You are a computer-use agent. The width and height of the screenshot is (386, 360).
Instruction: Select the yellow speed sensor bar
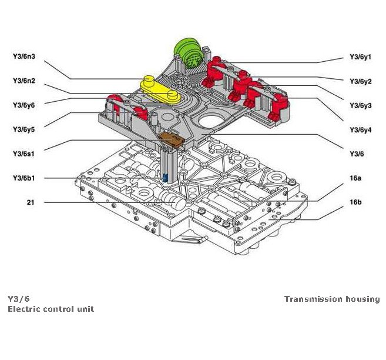[159, 89]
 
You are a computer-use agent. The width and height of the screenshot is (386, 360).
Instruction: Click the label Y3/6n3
[24, 57]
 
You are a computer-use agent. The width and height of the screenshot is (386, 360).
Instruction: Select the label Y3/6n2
[24, 81]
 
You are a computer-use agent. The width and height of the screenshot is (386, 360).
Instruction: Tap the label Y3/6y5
[24, 129]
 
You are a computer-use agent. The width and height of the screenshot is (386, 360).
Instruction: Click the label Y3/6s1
[24, 154]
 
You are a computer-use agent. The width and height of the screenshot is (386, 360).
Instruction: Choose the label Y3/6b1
[24, 178]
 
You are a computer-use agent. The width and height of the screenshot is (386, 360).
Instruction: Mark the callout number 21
[30, 202]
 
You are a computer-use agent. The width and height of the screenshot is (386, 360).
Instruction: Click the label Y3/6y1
[360, 58]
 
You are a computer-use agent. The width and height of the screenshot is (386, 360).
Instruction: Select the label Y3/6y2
[360, 82]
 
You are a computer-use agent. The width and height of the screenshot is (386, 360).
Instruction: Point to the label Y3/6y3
[360, 106]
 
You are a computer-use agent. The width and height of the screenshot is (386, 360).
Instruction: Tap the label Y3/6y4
[360, 129]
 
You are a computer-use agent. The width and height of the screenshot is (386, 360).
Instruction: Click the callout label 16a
[355, 178]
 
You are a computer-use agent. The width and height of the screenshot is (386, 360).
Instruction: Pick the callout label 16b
[355, 202]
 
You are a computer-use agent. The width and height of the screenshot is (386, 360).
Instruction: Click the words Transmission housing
[332, 299]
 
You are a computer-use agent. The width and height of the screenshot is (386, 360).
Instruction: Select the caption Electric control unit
[51, 309]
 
